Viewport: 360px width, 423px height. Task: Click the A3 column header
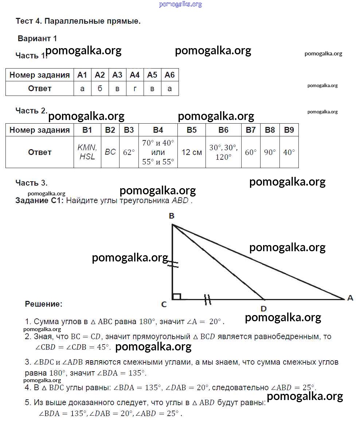coord(117,75)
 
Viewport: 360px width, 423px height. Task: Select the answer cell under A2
coord(100,89)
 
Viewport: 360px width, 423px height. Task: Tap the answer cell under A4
coord(135,89)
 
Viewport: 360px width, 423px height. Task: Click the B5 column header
coord(192,130)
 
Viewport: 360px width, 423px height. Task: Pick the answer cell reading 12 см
coord(192,152)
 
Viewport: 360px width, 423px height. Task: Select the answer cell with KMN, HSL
coord(87,152)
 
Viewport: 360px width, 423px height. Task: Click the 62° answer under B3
coord(129,152)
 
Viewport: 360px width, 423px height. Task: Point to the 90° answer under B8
coord(270,152)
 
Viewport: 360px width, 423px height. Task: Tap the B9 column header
coord(289,130)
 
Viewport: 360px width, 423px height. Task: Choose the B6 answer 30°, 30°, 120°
coord(223,152)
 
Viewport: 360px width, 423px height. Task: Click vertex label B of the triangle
coord(172,216)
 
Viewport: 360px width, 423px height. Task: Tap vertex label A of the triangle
coord(350,298)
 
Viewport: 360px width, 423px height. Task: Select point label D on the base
coord(263,308)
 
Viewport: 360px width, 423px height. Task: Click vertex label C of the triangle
coord(164,304)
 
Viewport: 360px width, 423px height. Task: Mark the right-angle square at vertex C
coord(176,296)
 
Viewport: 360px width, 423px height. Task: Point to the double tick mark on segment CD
coord(208,299)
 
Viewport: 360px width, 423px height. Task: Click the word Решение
coord(44,304)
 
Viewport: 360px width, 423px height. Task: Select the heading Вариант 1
coord(38,38)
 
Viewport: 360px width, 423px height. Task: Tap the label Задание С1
coord(40,200)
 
